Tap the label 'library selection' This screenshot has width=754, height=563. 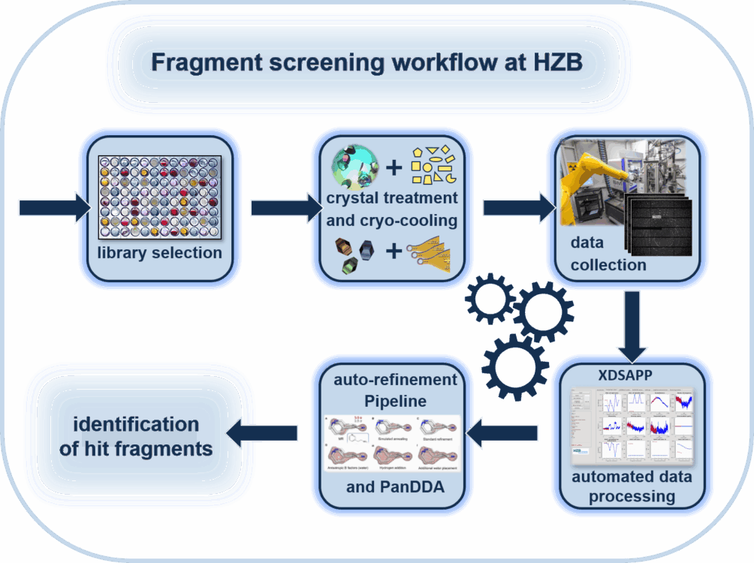[x=159, y=252]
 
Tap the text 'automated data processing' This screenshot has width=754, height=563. [x=632, y=486]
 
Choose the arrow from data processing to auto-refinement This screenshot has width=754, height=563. [x=502, y=432]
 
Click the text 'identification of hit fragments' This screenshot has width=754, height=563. [x=136, y=437]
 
